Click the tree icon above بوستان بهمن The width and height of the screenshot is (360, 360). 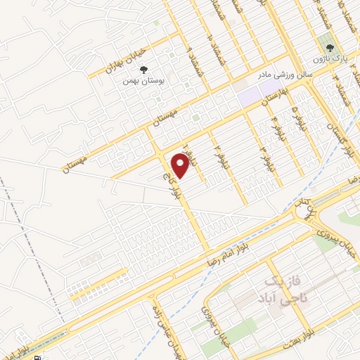144,70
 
